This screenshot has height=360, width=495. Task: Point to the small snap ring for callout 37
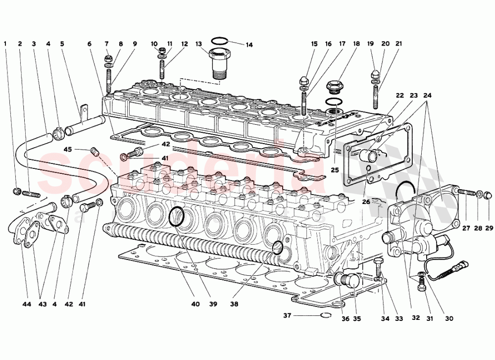click(325, 315)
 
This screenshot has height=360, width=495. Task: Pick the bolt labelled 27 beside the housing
click(466, 192)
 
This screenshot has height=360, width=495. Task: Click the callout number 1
click(5, 44)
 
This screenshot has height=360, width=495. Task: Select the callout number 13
click(198, 44)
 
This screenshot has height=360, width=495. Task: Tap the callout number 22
click(399, 95)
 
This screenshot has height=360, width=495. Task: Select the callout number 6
click(89, 44)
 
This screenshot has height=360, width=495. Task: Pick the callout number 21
click(399, 44)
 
